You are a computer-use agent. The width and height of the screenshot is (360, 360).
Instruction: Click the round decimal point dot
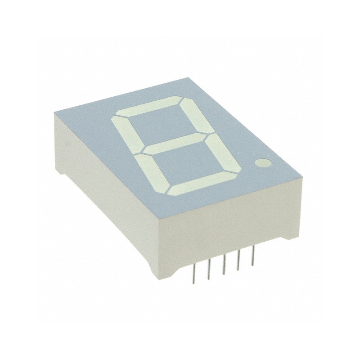[261, 163]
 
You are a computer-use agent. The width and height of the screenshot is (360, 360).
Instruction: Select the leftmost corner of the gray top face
[53, 112]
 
